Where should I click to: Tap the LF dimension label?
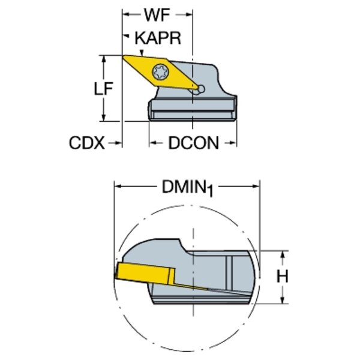[103, 88]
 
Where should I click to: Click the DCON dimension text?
[193, 143]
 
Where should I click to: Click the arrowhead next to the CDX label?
[118, 143]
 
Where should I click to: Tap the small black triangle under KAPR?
[140, 53]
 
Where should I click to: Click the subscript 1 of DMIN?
[210, 191]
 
